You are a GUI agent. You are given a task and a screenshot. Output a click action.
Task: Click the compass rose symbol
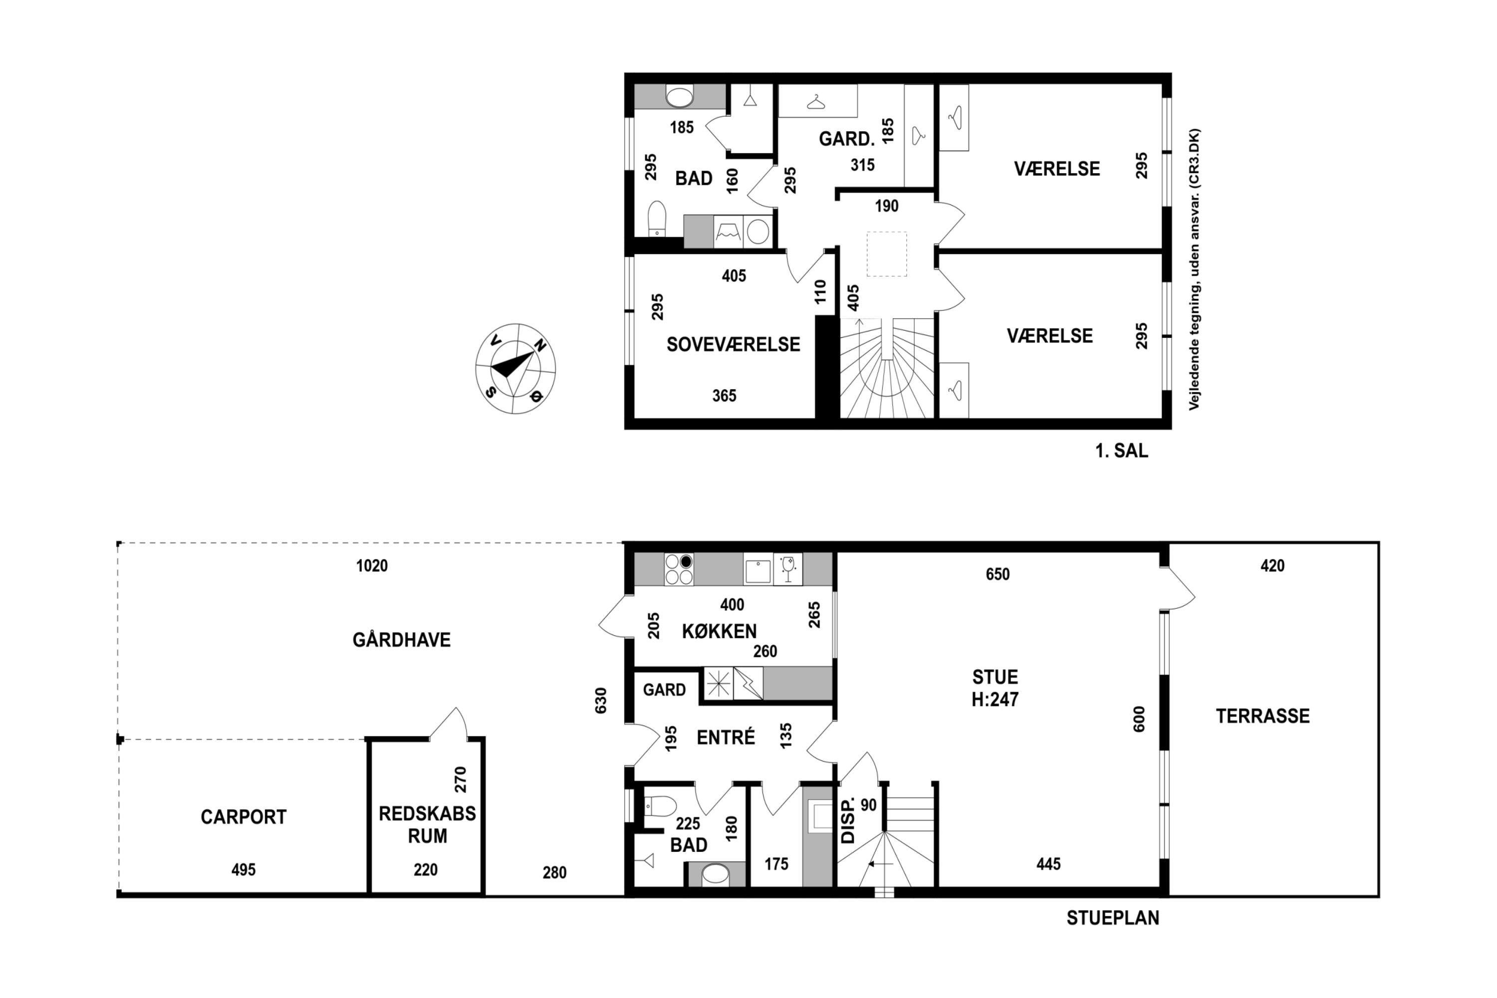pos(515,369)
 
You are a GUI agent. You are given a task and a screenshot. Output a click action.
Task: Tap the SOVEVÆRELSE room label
pos(733,344)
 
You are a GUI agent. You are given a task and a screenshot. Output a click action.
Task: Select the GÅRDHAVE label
pos(402,639)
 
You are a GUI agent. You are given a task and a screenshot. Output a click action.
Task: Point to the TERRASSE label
pos(1263,716)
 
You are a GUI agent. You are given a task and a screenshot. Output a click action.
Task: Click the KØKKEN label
pos(719,631)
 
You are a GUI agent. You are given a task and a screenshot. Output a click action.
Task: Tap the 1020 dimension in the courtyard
pos(372,565)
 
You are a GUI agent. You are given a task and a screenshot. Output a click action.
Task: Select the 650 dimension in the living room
pos(998,574)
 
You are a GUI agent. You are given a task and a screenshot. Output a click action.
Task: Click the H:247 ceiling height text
pos(995,700)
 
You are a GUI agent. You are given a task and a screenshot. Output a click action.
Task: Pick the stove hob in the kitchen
pos(679,569)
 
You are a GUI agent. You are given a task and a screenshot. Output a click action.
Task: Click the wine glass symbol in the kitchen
pos(788,569)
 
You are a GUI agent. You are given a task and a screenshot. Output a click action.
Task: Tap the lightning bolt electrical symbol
pos(748,684)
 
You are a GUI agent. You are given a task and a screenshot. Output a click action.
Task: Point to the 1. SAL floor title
pos(1121,451)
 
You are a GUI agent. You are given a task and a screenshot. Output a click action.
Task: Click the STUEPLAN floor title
pos(1113,918)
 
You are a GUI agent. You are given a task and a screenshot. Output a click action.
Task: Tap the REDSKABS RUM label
pos(427,824)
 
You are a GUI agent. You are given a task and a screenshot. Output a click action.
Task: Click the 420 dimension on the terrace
pos(1272,565)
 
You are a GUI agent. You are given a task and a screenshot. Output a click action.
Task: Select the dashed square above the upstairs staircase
pos(887,254)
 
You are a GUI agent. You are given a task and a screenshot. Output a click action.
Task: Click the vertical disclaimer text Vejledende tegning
pos(1194,269)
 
